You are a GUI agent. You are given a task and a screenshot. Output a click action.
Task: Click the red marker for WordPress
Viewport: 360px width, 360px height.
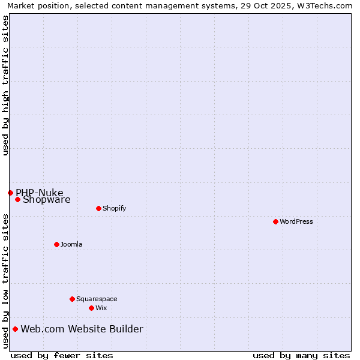click(275, 221)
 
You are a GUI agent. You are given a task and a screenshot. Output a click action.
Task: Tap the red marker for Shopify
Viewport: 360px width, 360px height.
click(98, 208)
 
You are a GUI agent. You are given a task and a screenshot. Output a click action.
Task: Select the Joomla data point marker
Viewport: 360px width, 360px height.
click(56, 244)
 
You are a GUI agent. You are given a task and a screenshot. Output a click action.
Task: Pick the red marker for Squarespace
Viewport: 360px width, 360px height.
click(72, 299)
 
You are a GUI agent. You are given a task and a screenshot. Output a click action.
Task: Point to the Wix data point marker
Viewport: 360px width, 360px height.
click(91, 308)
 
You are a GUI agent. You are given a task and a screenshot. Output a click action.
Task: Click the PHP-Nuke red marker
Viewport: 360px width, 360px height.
click(10, 193)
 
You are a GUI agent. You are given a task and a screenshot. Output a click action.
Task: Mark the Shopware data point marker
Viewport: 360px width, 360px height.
click(17, 199)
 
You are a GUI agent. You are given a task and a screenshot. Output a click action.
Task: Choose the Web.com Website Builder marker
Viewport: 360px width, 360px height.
click(15, 329)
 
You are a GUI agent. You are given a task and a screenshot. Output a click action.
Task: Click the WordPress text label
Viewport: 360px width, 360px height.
click(296, 221)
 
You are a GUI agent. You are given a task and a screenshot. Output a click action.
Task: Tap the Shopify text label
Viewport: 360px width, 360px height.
click(114, 208)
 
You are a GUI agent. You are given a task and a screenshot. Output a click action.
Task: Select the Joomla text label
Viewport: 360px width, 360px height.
click(71, 244)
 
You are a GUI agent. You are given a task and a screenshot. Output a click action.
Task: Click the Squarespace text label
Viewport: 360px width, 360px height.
click(97, 299)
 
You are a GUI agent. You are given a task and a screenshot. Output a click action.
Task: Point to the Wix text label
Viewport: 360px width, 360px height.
click(101, 308)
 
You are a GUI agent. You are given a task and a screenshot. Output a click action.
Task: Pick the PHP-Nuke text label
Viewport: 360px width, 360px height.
click(40, 193)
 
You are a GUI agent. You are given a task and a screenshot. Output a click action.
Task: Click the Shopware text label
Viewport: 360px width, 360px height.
click(47, 200)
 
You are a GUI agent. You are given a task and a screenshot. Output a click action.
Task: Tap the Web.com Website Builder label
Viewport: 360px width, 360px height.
click(82, 329)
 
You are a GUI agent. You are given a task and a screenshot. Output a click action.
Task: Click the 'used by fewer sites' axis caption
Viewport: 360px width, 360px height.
click(62, 355)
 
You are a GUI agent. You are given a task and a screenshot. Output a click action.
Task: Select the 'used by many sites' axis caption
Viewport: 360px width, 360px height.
click(301, 355)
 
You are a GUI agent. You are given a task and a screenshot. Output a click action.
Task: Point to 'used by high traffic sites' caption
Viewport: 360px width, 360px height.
click(5, 86)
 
